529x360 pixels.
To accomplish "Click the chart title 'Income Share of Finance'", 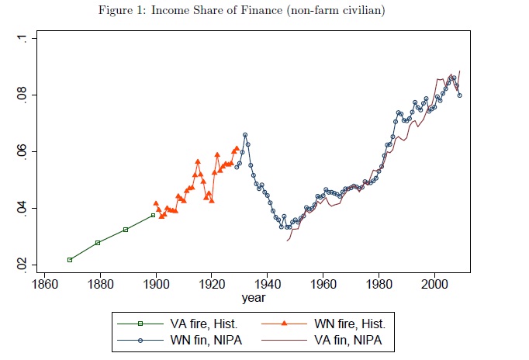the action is click(216, 10).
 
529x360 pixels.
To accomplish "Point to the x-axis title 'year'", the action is click(254, 298).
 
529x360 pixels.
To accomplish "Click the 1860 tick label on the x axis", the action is click(44, 284).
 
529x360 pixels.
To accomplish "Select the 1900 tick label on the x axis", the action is click(156, 284).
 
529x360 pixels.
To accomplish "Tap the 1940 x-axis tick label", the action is click(267, 284).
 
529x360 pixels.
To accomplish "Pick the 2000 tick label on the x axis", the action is click(434, 284).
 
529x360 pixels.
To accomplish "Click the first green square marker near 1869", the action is click(70, 260).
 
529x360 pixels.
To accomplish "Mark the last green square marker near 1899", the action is click(153, 215).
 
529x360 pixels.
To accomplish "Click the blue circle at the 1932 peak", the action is click(245, 135).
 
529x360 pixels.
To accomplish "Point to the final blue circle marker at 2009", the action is click(459, 95).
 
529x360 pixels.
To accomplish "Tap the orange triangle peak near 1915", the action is click(198, 161).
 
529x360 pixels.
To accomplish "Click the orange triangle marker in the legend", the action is click(285, 324).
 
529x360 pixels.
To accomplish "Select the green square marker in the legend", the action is click(140, 324).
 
